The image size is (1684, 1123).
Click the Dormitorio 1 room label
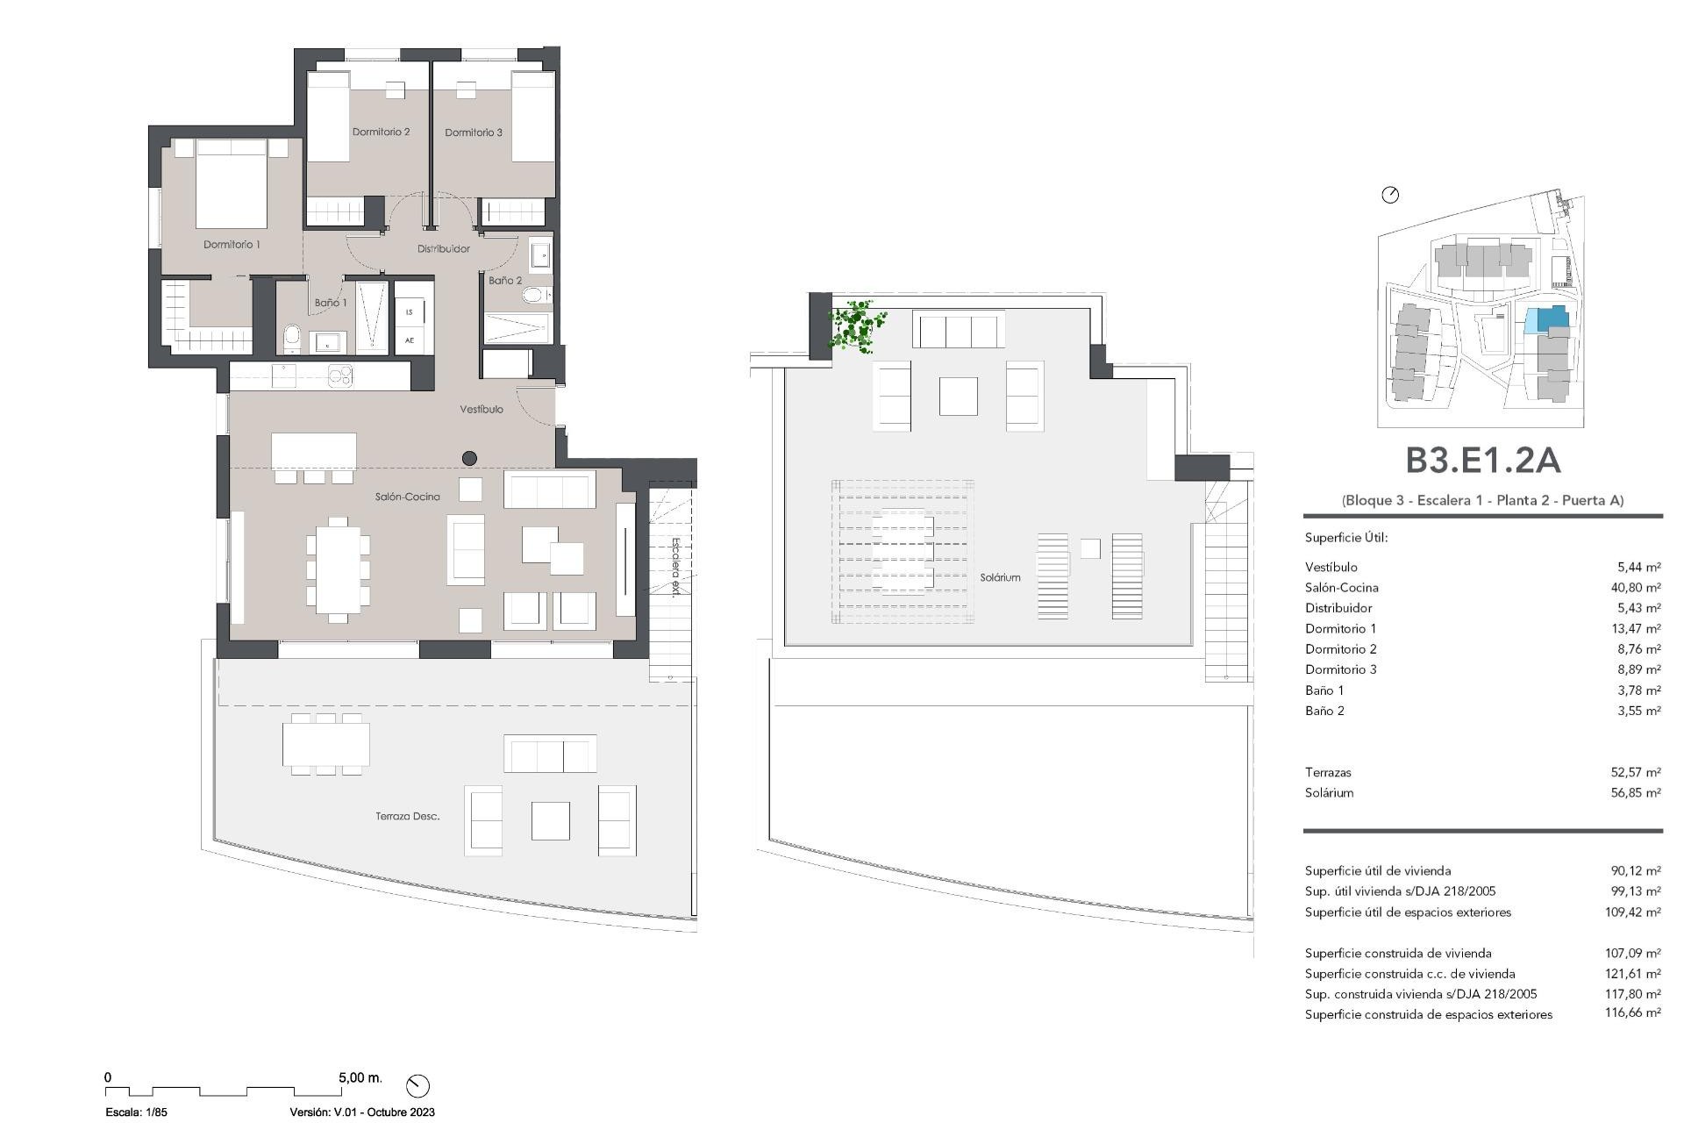(x=232, y=245)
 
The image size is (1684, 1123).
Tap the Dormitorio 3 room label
(x=474, y=132)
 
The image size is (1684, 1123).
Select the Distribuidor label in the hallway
(x=443, y=249)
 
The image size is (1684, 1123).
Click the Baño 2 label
(x=505, y=281)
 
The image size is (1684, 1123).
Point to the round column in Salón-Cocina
(x=469, y=458)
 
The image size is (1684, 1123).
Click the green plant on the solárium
(x=854, y=326)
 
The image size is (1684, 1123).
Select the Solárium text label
(x=1000, y=577)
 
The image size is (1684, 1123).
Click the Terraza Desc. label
(x=407, y=816)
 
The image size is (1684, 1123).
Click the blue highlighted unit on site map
(x=1545, y=318)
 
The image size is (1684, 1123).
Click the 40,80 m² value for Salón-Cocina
(x=1635, y=588)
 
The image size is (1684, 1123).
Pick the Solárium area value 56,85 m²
(x=1635, y=793)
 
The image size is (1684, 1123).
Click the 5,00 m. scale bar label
(x=360, y=1077)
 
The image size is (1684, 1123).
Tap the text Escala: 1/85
(x=136, y=1112)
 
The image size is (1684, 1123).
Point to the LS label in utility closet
(x=410, y=312)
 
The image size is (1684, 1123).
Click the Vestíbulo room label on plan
(x=482, y=410)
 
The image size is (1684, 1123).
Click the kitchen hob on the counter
(x=340, y=376)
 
